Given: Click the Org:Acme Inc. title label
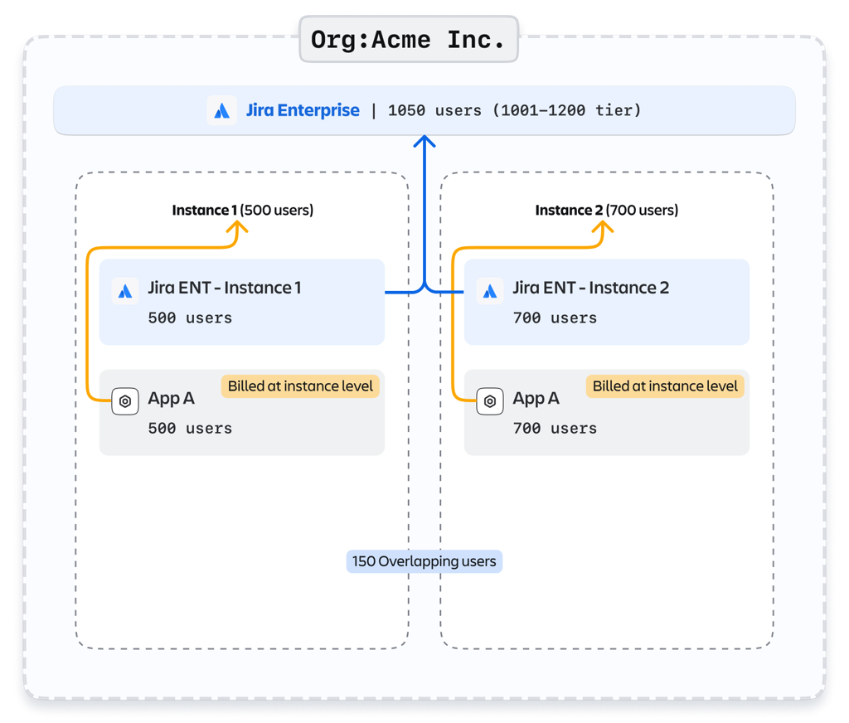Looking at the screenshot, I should point(408,40).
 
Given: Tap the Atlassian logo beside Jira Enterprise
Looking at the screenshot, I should point(221,110).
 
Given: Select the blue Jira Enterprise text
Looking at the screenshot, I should point(303,110).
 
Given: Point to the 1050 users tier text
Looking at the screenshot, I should point(514,110).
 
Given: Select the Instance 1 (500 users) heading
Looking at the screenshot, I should point(242,210).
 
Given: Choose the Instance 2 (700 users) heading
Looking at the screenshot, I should point(606,210).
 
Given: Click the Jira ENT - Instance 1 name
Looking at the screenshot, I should point(224,288).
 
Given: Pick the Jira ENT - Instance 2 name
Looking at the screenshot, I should point(590,288).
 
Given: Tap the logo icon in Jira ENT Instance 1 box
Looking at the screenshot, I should point(125,291).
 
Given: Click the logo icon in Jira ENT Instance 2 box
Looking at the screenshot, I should point(490,291).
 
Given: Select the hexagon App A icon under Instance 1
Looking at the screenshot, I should point(125,401).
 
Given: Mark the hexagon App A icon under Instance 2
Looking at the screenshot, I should point(490,401).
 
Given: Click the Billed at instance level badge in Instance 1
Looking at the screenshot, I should point(299,386).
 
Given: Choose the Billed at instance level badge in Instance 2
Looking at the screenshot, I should point(664,386).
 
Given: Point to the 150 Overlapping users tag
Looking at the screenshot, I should point(424,561).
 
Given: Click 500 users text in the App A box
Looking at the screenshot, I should point(190,428).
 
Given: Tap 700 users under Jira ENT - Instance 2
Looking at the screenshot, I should point(555,318).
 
